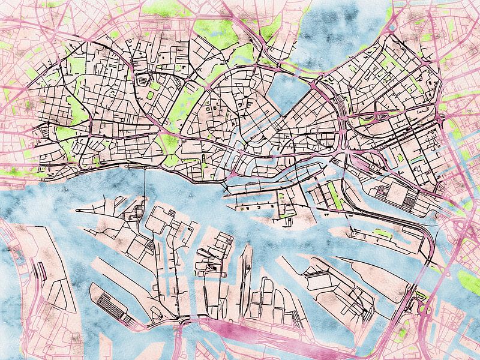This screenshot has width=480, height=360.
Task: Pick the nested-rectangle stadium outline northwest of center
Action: coord(142,79)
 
